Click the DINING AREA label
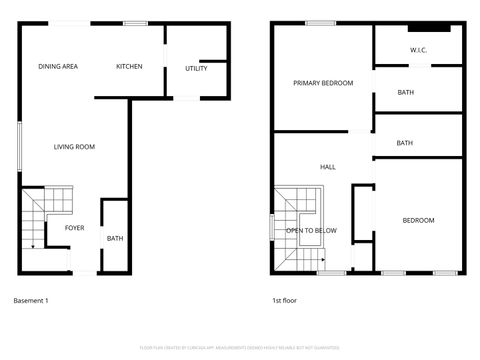click(x=58, y=67)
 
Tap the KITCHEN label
click(x=129, y=67)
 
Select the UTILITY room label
click(x=196, y=68)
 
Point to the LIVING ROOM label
click(x=74, y=147)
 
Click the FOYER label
click(x=75, y=228)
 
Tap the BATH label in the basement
click(x=115, y=238)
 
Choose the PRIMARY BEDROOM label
click(x=323, y=84)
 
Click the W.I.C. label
click(x=419, y=50)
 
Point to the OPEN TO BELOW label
click(x=311, y=231)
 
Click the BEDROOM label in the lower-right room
click(x=418, y=220)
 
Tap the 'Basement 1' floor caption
click(x=31, y=300)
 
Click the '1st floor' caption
click(x=284, y=300)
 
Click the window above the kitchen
click(x=134, y=23)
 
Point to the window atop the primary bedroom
click(x=320, y=23)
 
